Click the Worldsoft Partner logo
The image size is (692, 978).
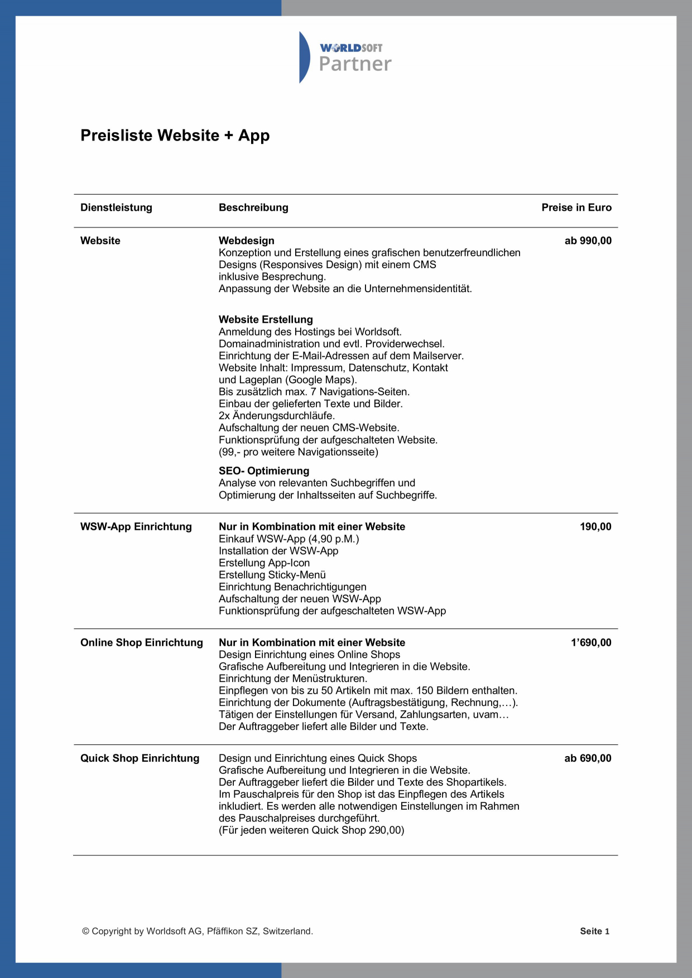pos(346,57)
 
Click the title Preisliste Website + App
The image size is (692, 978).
pos(175,135)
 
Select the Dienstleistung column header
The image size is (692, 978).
pos(116,207)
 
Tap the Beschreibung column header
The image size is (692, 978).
pos(253,207)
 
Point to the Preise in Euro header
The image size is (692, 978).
pos(576,207)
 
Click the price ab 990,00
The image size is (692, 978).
pos(588,241)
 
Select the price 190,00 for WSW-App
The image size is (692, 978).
pos(595,527)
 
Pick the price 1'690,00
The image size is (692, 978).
pos(590,643)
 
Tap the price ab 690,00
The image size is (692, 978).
pos(588,758)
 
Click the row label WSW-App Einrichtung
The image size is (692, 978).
pos(136,527)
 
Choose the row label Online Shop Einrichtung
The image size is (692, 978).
pos(141,643)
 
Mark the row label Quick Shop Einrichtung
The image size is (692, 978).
pos(140,758)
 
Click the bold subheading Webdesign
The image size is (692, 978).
pos(246,241)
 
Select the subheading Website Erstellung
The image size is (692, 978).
pos(266,319)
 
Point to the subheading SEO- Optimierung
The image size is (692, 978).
pos(263,471)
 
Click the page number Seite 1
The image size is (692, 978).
pos(594,931)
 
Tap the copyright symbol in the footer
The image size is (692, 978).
pos(85,931)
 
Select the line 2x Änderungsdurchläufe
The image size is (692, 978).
pos(276,416)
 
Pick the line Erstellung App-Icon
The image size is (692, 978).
pos(264,563)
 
